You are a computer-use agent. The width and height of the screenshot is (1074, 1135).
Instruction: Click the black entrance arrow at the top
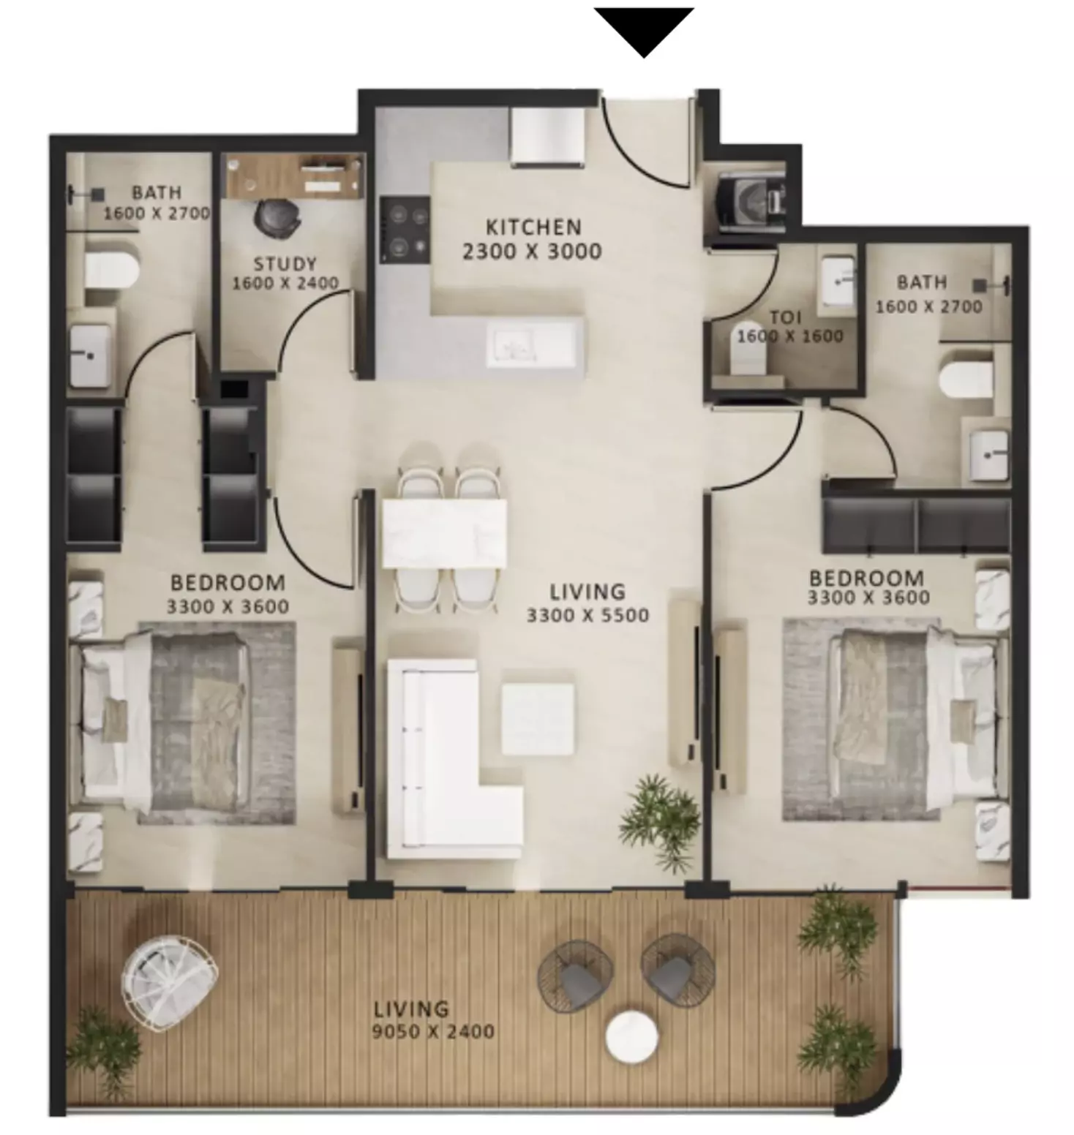tap(643, 29)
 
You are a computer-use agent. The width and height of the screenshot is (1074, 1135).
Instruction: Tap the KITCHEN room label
tap(533, 227)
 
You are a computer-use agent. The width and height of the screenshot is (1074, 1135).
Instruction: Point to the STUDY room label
tap(285, 263)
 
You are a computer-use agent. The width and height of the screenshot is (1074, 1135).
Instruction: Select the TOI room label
tap(785, 317)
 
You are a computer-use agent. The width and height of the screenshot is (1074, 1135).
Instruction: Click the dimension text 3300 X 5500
tap(587, 615)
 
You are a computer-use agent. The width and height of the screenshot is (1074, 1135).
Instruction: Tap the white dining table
tap(444, 533)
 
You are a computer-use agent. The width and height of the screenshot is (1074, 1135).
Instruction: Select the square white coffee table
tap(538, 719)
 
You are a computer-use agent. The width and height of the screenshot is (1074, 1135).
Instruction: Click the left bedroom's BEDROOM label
tap(228, 583)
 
